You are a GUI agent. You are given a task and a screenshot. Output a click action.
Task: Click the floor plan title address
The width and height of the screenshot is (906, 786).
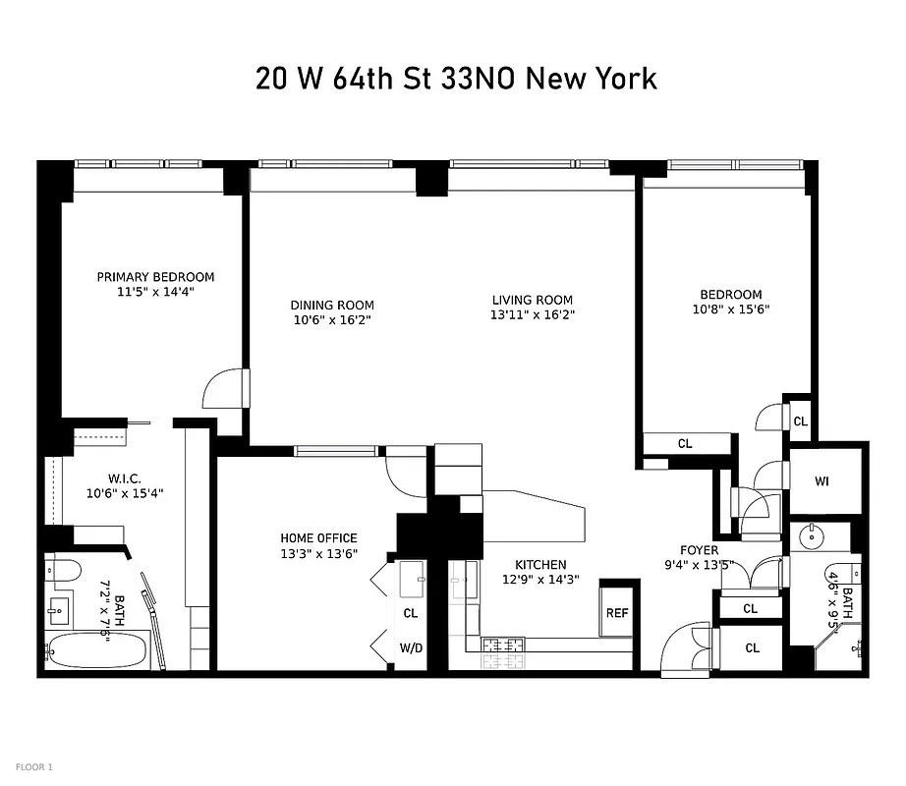point(456,79)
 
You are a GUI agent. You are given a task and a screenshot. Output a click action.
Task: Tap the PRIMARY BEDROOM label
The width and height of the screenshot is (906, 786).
point(155,277)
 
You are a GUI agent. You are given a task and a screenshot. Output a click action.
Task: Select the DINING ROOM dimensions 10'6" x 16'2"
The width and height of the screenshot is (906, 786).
point(332,320)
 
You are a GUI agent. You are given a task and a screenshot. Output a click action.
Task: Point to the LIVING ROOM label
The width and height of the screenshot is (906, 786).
point(533,300)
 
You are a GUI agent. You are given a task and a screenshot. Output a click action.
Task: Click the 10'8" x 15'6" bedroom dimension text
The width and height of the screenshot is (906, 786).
point(730,309)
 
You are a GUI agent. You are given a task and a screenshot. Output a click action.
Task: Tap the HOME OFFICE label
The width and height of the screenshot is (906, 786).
point(318,538)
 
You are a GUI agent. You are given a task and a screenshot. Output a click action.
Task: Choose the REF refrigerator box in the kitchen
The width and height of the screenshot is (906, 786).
point(616,613)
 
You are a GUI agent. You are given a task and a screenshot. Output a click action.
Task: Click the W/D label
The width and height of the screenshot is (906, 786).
point(411,648)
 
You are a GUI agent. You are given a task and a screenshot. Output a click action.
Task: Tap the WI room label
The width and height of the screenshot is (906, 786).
point(822,481)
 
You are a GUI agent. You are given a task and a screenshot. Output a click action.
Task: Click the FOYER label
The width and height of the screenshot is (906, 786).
point(699,550)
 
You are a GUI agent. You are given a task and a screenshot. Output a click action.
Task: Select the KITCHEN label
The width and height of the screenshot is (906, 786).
point(540,565)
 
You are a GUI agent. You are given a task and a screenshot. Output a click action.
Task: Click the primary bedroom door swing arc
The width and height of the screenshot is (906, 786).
point(220,390)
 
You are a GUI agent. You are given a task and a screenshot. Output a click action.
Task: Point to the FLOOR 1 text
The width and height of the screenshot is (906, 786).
point(34,766)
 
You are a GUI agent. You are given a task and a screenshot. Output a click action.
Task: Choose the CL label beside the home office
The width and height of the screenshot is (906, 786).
point(411,613)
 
